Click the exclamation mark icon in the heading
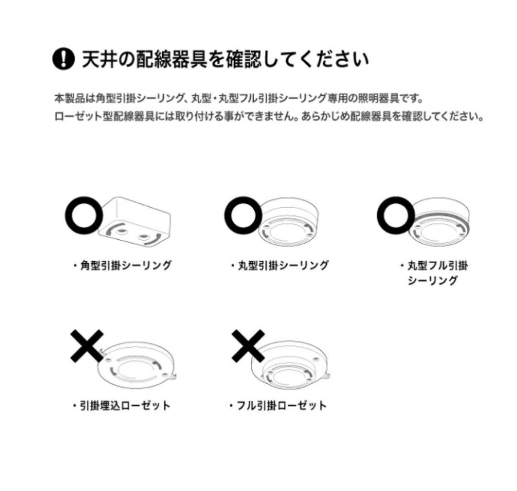point(63,59)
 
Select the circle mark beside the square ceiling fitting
point(84,215)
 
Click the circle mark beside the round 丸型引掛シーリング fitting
point(243,215)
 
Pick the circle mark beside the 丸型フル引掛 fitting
point(396,215)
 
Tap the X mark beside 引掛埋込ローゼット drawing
point(87,346)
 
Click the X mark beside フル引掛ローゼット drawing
point(248,346)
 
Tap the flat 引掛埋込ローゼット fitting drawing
point(137,365)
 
